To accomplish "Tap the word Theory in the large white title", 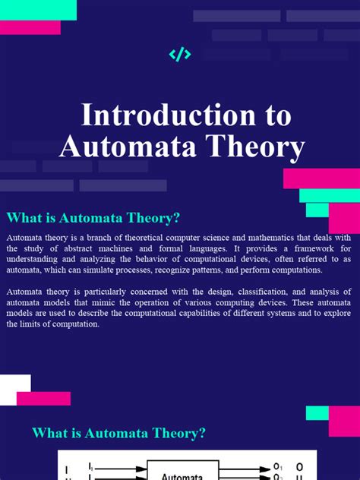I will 258,146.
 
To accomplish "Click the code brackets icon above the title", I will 180,54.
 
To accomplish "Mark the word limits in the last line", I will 33,324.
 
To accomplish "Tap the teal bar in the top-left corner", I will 38,10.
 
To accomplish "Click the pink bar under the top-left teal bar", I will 30,27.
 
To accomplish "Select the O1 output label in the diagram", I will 278,466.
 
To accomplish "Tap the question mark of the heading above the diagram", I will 201,434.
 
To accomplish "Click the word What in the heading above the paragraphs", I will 24,218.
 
